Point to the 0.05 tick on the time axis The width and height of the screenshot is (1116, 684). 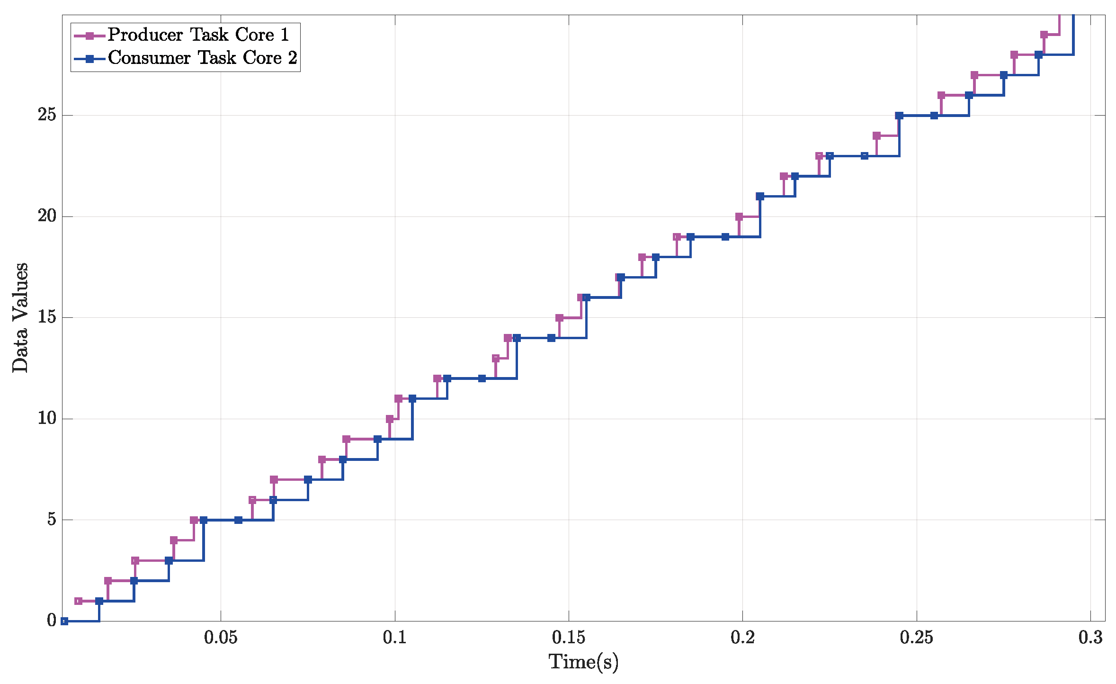click(221, 638)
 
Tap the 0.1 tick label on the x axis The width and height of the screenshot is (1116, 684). click(394, 638)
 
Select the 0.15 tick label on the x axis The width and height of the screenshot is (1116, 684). click(568, 638)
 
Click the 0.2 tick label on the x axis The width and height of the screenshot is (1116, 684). click(742, 638)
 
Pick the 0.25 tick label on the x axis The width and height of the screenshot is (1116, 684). click(916, 638)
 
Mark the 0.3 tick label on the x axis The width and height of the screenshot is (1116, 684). click(1090, 638)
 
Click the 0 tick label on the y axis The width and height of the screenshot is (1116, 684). click(52, 621)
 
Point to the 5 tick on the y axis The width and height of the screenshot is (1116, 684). click(52, 520)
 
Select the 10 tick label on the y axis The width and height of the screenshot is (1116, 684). click(47, 418)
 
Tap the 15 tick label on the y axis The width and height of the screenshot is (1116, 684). click(47, 317)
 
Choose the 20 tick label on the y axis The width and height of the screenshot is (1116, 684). click(47, 216)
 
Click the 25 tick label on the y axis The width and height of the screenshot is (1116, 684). click(47, 115)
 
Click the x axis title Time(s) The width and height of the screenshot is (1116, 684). click(583, 662)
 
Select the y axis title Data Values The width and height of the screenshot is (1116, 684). click(20, 318)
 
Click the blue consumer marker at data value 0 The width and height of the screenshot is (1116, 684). click(64, 621)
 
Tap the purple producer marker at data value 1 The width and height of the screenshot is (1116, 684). click(79, 601)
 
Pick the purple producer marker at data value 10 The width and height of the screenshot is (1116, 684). click(390, 419)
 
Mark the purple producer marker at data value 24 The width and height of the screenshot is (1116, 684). click(876, 136)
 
